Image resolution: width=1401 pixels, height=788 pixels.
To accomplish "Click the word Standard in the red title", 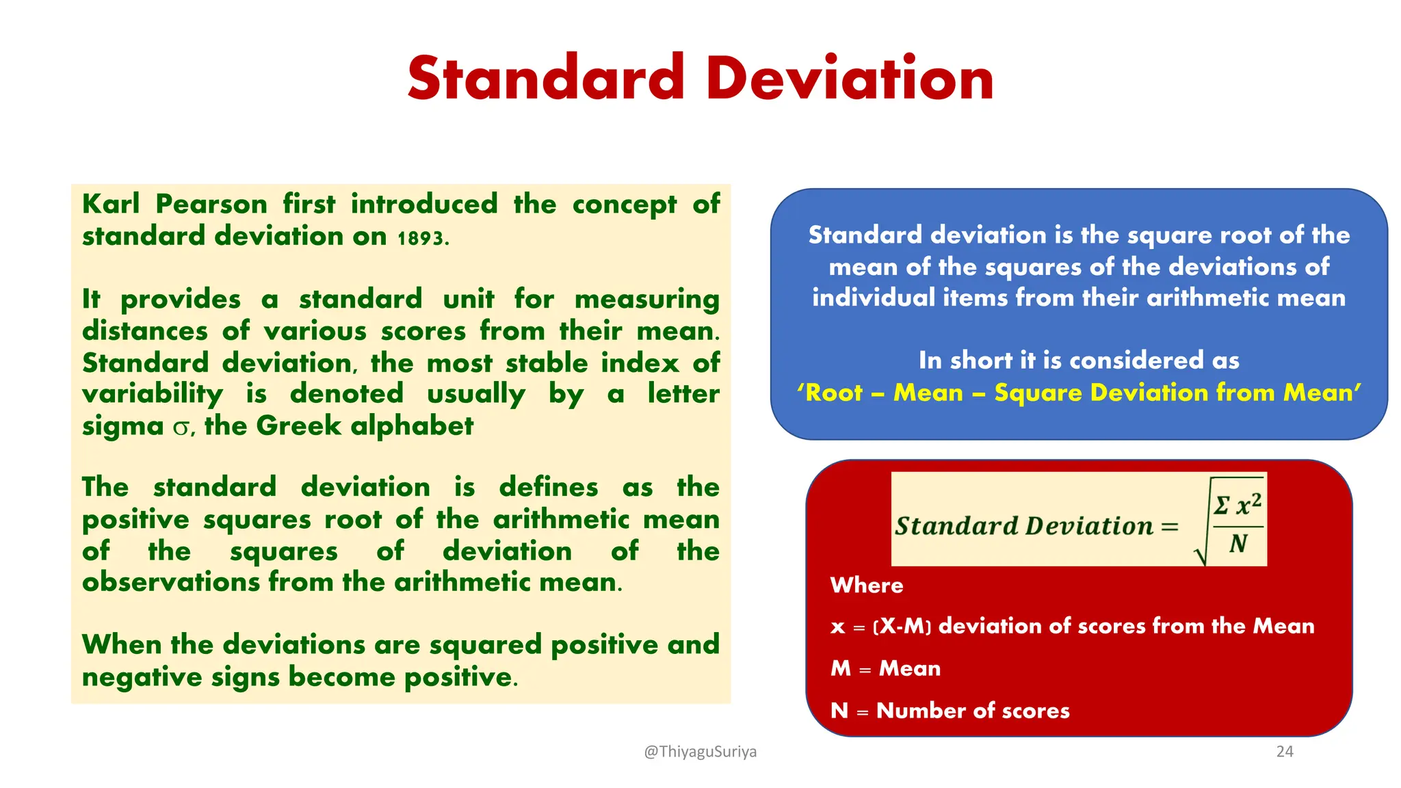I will pos(545,79).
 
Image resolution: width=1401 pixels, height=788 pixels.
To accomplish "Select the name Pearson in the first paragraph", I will pos(211,205).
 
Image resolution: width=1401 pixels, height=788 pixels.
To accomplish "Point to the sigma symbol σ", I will pos(181,428).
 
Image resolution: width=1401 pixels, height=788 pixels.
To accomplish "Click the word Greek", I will pos(299,426).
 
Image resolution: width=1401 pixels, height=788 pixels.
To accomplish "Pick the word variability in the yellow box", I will pos(152,395).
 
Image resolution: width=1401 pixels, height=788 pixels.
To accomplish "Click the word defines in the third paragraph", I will pos(549,487).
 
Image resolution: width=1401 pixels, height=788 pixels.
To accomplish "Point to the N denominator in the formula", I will pos(1238,544).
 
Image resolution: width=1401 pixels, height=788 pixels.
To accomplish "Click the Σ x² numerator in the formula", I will pos(1238,505).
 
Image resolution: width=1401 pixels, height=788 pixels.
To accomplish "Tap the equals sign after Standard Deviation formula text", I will pos(1170,527).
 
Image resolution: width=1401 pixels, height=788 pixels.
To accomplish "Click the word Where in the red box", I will pos(867,586).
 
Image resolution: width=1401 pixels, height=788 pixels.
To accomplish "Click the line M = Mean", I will pos(885,668).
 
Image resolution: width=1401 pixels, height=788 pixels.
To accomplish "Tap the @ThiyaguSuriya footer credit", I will pos(700,752).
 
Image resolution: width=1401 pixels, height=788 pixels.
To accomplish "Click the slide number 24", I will pos(1284,752).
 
